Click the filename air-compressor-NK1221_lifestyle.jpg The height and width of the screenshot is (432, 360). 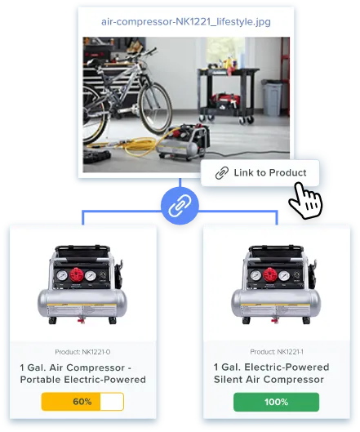point(186,22)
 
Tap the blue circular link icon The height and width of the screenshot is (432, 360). point(180,206)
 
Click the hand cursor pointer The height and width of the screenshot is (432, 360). point(305,200)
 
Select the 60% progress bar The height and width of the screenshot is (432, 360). point(82,402)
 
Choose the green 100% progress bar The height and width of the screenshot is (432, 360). point(276,402)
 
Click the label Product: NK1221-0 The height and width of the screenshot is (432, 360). point(82,352)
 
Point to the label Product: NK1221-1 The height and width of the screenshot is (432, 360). point(277,351)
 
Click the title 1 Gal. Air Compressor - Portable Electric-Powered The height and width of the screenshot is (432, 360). point(83,373)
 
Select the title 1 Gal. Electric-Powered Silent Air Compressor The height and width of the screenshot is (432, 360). point(271,373)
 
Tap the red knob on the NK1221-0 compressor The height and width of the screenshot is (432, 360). point(76,274)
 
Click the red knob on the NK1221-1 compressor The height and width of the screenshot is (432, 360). point(270,274)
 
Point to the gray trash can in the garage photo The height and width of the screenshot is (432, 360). point(272,97)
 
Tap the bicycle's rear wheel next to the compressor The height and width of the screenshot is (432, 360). point(155,109)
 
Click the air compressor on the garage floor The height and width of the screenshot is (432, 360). point(183,142)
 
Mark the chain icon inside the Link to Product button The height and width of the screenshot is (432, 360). point(222,173)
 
